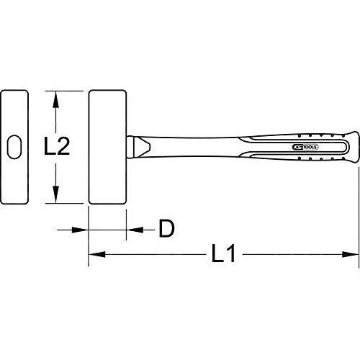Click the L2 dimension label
coord(57,146)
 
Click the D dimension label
coord(166,229)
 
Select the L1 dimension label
coord(223,253)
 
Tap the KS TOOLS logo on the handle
coord(305,147)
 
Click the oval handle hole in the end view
coord(14,147)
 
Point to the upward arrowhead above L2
coord(55,99)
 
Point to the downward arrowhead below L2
coord(55,194)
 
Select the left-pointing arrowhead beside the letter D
coord(135,230)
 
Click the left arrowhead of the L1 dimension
coord(97,254)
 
